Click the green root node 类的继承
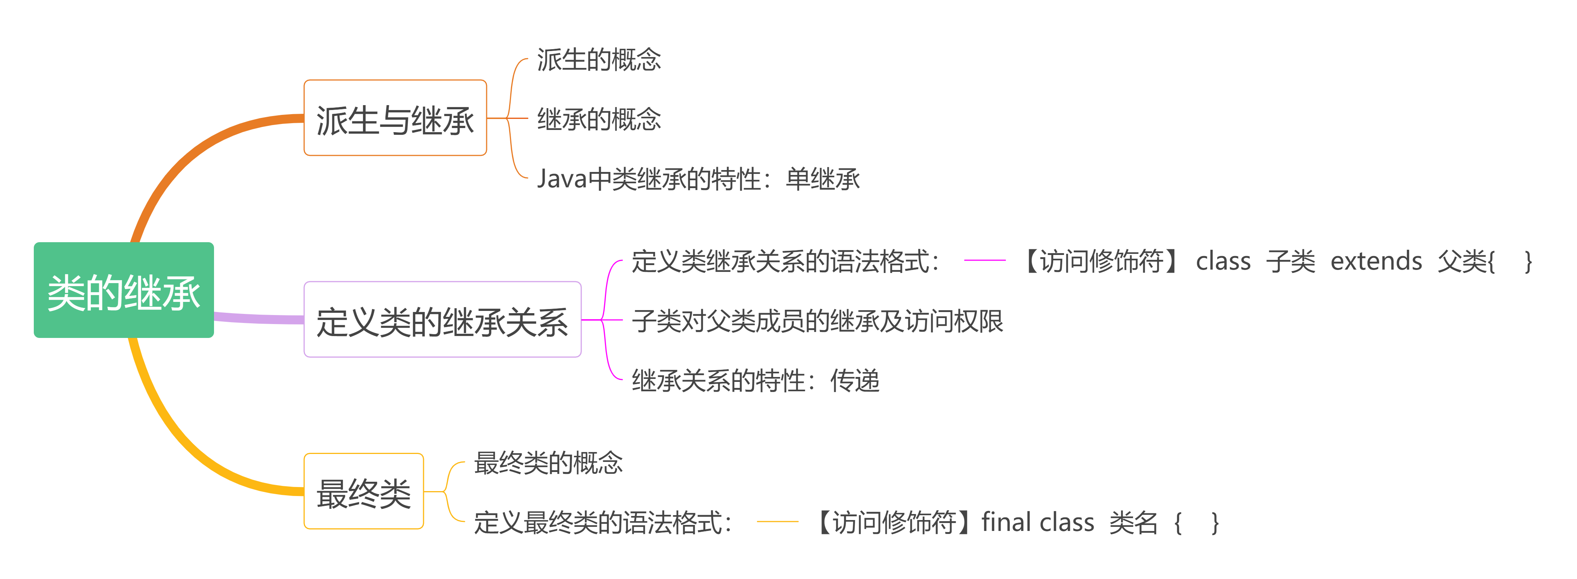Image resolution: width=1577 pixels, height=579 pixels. click(x=124, y=290)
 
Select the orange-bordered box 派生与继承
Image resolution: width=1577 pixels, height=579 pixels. click(x=395, y=118)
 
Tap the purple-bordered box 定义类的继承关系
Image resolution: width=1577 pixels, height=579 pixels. click(x=442, y=320)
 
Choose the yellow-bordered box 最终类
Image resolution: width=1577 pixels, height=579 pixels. click(x=363, y=492)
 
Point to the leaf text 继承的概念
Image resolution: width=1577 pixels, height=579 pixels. click(x=599, y=119)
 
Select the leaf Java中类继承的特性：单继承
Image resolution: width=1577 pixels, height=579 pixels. click(x=698, y=179)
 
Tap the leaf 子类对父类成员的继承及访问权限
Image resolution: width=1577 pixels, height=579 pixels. click(x=817, y=321)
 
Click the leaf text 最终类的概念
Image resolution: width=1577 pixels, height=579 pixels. click(x=548, y=463)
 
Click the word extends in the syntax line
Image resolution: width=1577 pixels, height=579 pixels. click(x=1376, y=261)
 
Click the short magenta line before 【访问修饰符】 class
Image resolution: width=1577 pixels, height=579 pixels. click(x=984, y=260)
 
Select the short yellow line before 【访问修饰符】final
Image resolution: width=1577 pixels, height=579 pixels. click(x=778, y=522)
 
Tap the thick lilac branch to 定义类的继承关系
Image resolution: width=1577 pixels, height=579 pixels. click(x=257, y=318)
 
